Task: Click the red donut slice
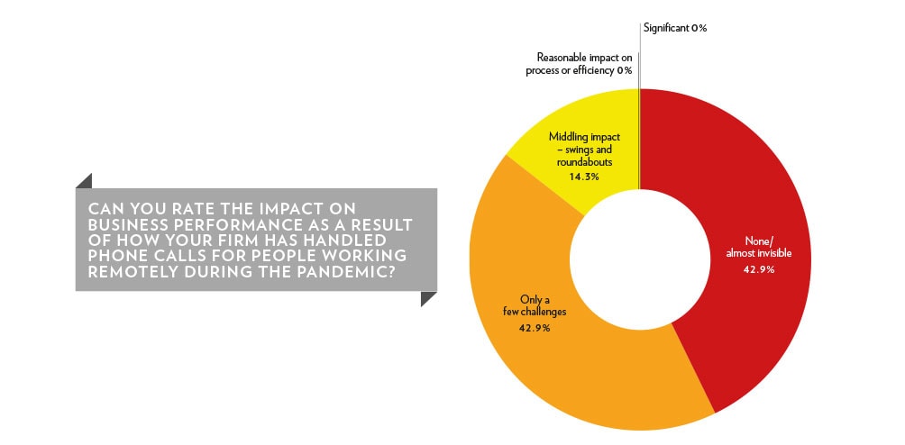(x=750, y=231)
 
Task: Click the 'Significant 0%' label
(x=675, y=28)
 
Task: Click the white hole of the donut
(x=639, y=259)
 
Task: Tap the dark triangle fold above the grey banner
(x=84, y=180)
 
